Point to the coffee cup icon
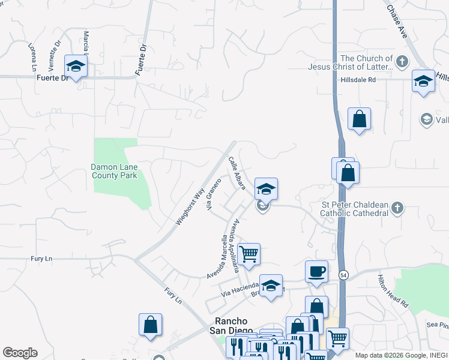[x=317, y=272]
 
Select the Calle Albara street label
[x=237, y=173]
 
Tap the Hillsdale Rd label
[x=358, y=80]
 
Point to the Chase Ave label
[x=397, y=22]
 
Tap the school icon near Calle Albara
[x=266, y=189]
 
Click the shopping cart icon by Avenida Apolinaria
[x=249, y=254]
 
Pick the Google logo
[x=20, y=353]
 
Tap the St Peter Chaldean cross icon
[x=396, y=209]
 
